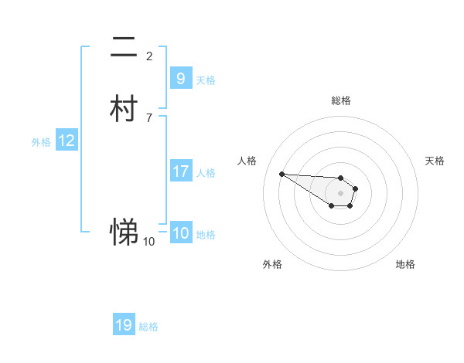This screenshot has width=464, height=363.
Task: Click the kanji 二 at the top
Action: click(124, 48)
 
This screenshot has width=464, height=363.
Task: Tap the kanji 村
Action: click(124, 109)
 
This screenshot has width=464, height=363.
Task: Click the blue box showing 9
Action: click(180, 79)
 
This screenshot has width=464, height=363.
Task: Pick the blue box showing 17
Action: click(180, 171)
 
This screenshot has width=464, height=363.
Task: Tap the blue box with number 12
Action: click(67, 141)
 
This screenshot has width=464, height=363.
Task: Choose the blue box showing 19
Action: click(124, 325)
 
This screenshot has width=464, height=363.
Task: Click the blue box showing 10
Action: click(180, 234)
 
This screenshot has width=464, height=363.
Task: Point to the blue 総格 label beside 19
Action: click(148, 327)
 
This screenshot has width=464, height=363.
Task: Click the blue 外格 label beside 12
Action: click(41, 142)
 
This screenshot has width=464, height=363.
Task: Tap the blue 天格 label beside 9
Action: click(206, 80)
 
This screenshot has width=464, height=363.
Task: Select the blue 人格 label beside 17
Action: click(206, 173)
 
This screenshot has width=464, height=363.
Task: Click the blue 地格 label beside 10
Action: click(206, 236)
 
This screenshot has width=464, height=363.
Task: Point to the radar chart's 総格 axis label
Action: click(341, 100)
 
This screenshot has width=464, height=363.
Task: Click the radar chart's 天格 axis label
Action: click(435, 161)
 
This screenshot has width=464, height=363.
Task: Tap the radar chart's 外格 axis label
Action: click(272, 264)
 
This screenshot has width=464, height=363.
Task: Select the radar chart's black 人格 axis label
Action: click(247, 161)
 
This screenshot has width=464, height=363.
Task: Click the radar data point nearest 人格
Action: click(282, 174)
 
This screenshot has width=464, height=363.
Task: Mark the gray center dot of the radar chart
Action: click(340, 193)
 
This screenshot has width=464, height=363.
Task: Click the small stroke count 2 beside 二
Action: click(149, 56)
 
